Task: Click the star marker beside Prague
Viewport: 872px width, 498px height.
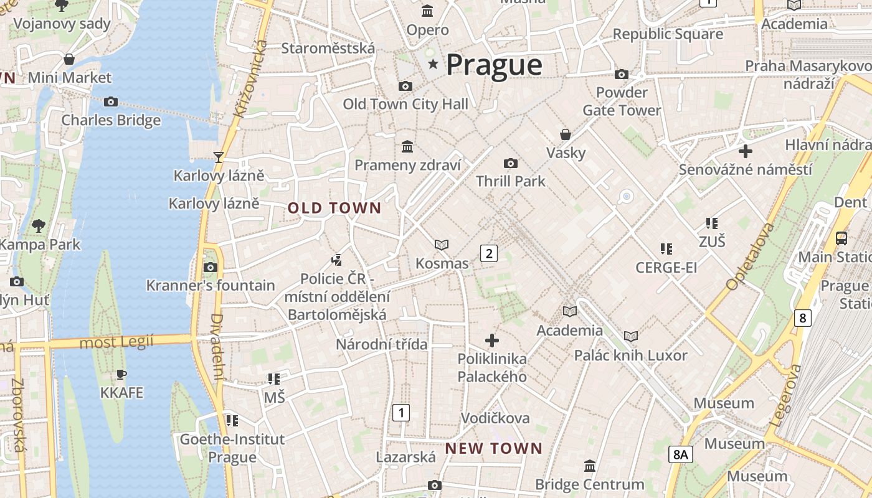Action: pyautogui.click(x=433, y=64)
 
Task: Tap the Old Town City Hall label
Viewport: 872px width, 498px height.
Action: pyautogui.click(x=405, y=104)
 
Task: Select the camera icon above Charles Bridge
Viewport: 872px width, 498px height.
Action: pyautogui.click(x=111, y=101)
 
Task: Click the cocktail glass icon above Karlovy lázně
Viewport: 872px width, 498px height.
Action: pyautogui.click(x=219, y=157)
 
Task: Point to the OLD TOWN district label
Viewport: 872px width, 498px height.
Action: pyautogui.click(x=334, y=209)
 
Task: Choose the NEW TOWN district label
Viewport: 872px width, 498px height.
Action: pyautogui.click(x=494, y=448)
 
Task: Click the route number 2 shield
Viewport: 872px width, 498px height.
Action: pyautogui.click(x=489, y=253)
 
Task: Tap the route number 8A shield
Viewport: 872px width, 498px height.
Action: pyautogui.click(x=681, y=454)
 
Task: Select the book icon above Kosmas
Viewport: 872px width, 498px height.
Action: pyautogui.click(x=442, y=245)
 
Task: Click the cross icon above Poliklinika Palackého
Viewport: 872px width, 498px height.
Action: pyautogui.click(x=492, y=340)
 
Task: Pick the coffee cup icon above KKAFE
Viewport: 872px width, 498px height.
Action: pyautogui.click(x=121, y=374)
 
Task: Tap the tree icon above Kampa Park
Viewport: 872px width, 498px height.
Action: pyautogui.click(x=39, y=225)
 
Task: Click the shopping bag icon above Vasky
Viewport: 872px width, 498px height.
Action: pyautogui.click(x=566, y=134)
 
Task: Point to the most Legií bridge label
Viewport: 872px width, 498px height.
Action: pyautogui.click(x=116, y=342)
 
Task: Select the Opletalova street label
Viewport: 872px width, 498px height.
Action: pyautogui.click(x=750, y=256)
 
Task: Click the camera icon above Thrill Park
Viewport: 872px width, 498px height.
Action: pyautogui.click(x=511, y=163)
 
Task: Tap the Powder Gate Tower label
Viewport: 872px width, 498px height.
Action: pyautogui.click(x=622, y=101)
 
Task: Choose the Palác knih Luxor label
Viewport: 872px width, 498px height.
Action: pyautogui.click(x=630, y=355)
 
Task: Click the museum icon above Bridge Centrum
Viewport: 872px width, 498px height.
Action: pyautogui.click(x=590, y=466)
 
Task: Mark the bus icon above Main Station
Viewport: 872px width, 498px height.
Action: pyautogui.click(x=841, y=238)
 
